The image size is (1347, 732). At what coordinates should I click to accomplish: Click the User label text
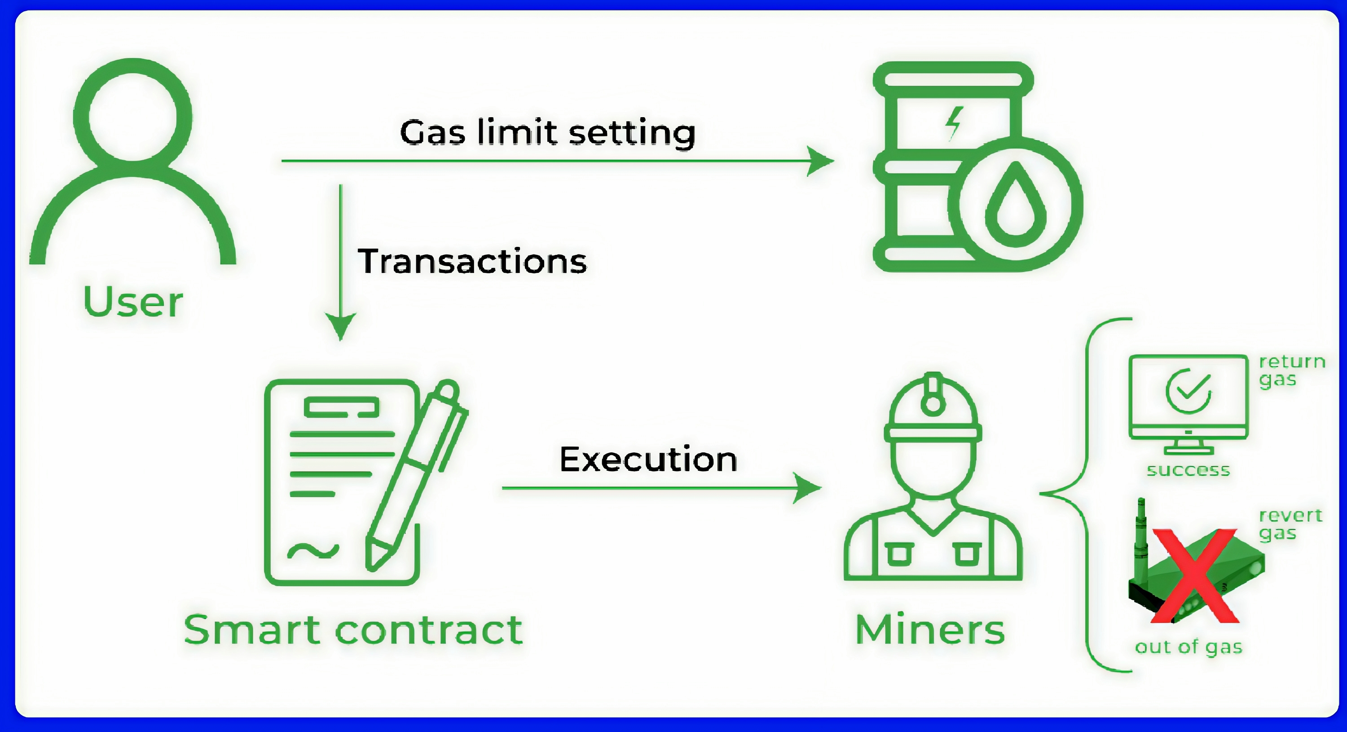coord(133,302)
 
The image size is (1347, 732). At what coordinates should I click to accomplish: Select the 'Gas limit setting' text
coord(547,132)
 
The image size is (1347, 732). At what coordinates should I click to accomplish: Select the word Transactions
coord(472,261)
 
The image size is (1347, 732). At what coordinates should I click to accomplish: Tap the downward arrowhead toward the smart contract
coord(340,326)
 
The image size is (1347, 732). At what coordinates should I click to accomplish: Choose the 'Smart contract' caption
coord(353,630)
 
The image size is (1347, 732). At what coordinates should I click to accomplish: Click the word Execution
coord(648,460)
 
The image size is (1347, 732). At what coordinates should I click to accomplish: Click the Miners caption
coord(930,630)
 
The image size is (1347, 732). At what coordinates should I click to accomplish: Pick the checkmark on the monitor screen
coord(1188,391)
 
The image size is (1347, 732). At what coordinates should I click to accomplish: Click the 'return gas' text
coord(1292,370)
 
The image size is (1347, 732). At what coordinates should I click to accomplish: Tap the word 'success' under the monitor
coord(1188,470)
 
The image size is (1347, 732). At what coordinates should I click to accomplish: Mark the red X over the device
coord(1194,576)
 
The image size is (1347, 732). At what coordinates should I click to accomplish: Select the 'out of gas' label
coord(1189,647)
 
